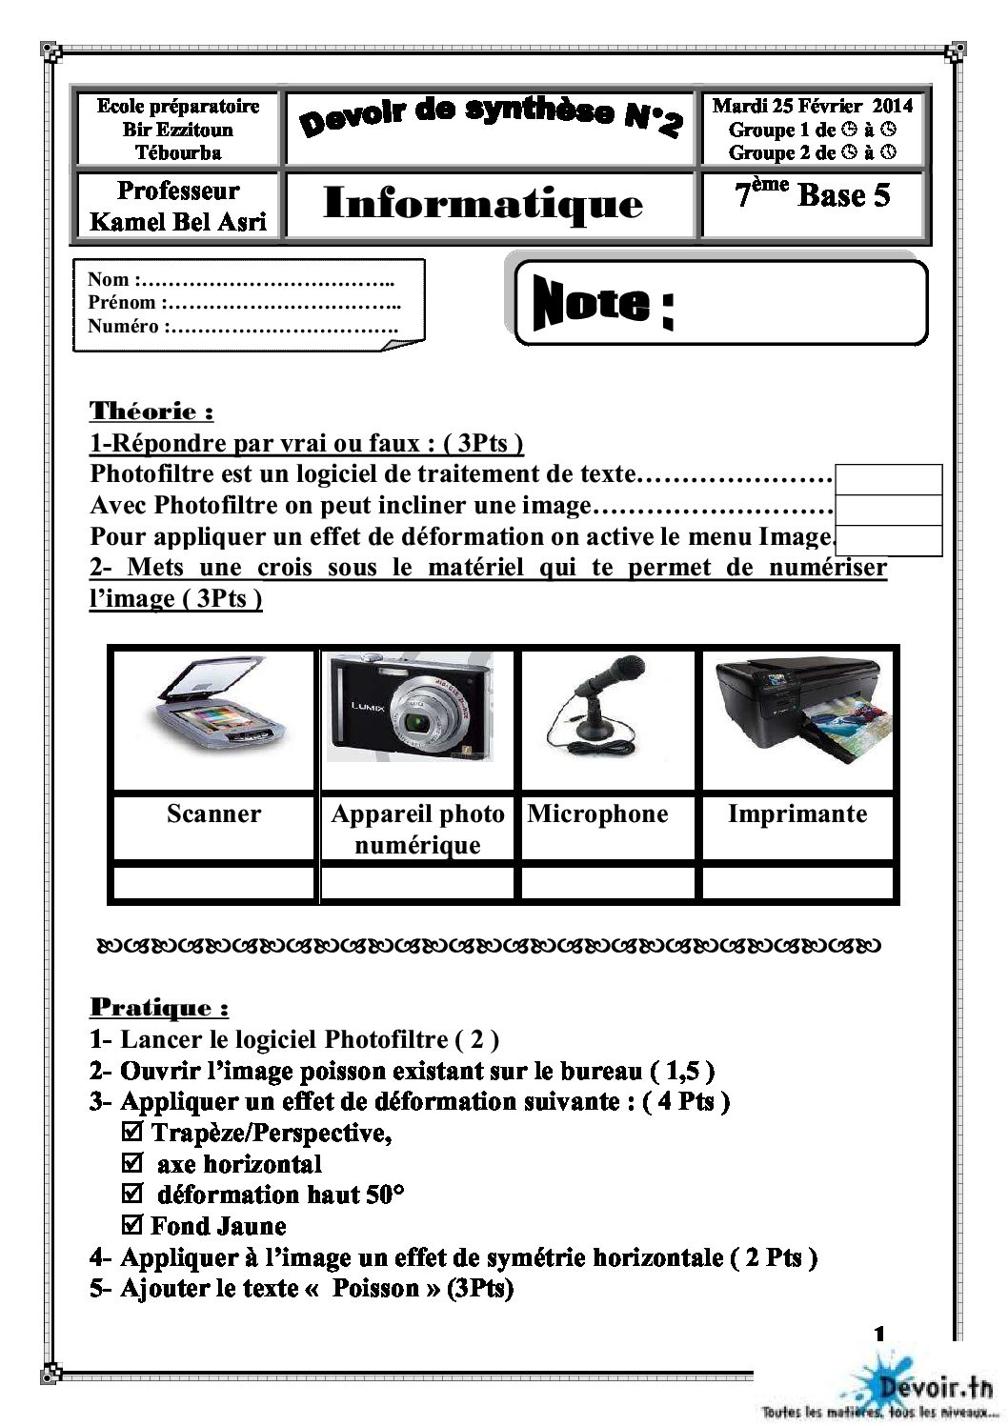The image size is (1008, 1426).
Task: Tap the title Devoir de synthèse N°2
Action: pyautogui.click(x=492, y=120)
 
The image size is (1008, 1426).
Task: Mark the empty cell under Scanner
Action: pyautogui.click(x=213, y=882)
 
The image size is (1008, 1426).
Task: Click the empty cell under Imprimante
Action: pyautogui.click(x=798, y=882)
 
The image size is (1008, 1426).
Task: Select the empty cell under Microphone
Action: pyautogui.click(x=610, y=882)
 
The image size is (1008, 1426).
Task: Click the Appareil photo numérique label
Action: pyautogui.click(x=417, y=829)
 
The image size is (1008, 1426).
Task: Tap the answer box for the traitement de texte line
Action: pyautogui.click(x=889, y=479)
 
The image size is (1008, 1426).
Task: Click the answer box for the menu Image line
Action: pyautogui.click(x=889, y=540)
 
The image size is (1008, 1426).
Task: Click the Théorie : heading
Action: pyautogui.click(x=151, y=412)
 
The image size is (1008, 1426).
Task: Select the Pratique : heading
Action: pyautogui.click(x=159, y=1007)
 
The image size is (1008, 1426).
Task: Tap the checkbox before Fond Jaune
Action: pyautogui.click(x=133, y=1225)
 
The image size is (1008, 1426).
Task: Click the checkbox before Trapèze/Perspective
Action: pyautogui.click(x=133, y=1133)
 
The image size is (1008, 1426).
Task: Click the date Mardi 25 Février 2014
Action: pyautogui.click(x=812, y=106)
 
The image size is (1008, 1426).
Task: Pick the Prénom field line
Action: pyautogui.click(x=243, y=303)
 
